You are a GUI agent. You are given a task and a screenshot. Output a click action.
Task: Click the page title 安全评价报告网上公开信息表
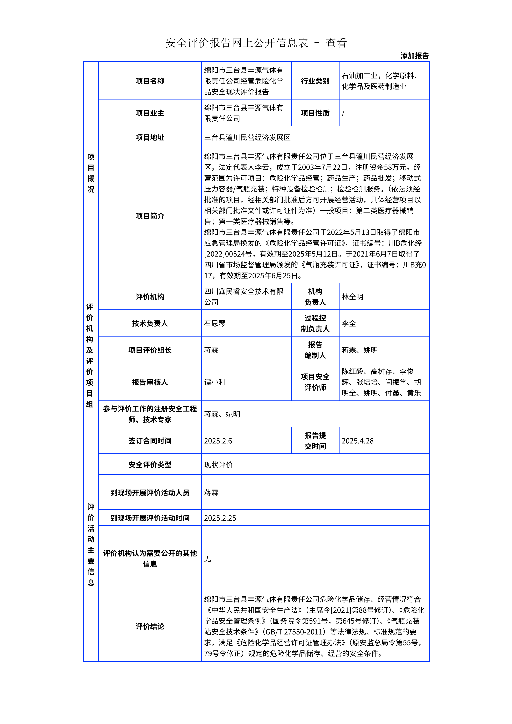coord(237,43)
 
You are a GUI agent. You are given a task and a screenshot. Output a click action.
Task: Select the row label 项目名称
coord(150,81)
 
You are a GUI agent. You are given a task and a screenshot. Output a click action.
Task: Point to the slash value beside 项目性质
coord(343,113)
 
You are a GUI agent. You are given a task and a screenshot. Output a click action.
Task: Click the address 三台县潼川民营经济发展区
coord(247,138)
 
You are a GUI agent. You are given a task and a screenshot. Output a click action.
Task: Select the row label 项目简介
coord(150,216)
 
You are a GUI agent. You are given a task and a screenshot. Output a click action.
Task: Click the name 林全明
coord(352,297)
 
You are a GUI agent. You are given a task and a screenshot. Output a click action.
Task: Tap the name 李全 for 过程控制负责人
coord(349,323)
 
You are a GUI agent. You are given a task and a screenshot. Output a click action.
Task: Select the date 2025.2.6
coord(218,441)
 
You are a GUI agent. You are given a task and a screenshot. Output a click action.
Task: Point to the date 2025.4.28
coord(357,441)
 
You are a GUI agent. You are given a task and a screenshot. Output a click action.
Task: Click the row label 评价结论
coord(150,626)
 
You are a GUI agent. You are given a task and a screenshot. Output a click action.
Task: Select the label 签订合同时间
coord(150,441)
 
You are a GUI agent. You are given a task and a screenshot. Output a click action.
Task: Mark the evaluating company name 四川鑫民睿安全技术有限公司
coord(243,297)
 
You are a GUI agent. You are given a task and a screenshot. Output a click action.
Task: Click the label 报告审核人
coord(150,382)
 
